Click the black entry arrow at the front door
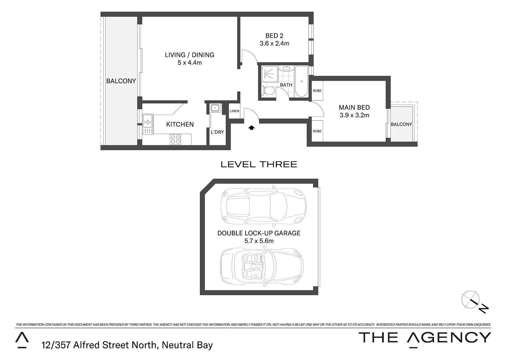pos(252,127)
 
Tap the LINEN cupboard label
pos(235,111)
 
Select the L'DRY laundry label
pos(217,132)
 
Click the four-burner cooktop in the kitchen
pos(176,139)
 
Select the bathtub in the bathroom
pos(301,81)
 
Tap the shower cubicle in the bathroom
pos(270,73)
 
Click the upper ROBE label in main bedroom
pos(317,91)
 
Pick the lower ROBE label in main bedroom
pos(317,131)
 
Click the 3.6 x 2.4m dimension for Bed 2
pos(274,43)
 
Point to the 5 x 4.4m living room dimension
pos(190,63)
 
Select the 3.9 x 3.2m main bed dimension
pos(354,115)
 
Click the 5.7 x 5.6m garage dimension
pos(259,241)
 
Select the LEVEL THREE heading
pos(259,164)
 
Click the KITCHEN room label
pos(180,124)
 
